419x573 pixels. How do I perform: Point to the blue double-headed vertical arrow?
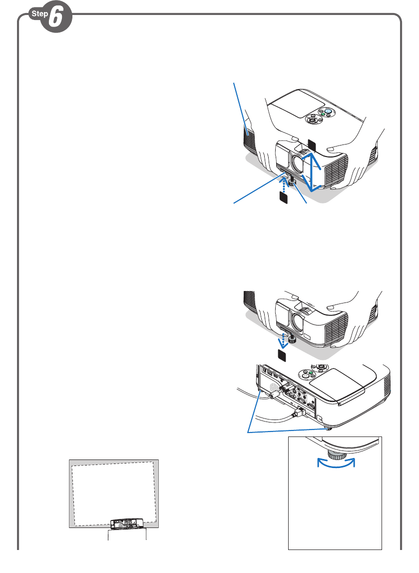tap(313, 173)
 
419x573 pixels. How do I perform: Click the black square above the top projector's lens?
tap(312, 144)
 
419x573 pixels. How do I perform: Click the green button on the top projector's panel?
tap(323, 114)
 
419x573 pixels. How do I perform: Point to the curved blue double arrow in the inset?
tap(336, 463)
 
